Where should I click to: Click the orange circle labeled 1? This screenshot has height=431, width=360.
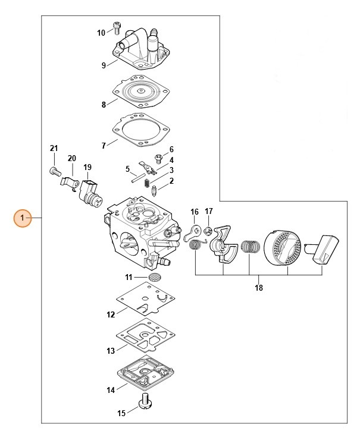[23, 219]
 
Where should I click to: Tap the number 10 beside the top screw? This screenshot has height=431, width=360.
[101, 33]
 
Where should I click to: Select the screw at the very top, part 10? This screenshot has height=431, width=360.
[117, 27]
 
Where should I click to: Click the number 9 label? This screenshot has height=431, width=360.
[104, 65]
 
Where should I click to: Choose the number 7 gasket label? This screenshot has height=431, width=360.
[104, 144]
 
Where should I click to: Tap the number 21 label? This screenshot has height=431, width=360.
[54, 148]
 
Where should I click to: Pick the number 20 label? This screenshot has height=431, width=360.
[72, 159]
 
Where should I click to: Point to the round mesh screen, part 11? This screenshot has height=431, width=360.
[154, 278]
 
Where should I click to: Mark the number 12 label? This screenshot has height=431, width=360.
[111, 314]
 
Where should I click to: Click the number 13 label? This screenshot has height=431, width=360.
[111, 351]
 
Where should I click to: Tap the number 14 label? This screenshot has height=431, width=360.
[111, 391]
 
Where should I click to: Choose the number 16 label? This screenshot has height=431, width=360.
[195, 212]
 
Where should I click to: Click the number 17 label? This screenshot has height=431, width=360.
[209, 211]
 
